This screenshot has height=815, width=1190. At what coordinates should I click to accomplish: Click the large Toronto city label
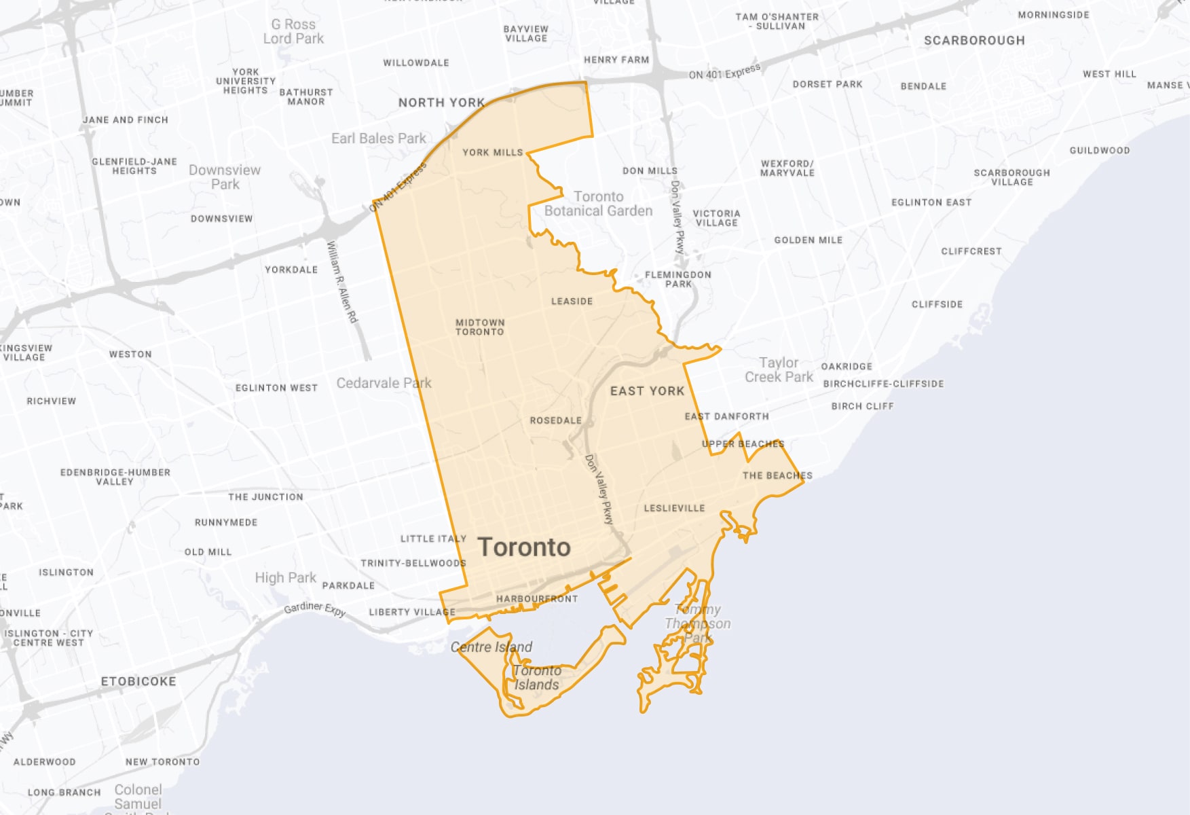pyautogui.click(x=524, y=547)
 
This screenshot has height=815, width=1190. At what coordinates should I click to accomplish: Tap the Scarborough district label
pyautogui.click(x=974, y=41)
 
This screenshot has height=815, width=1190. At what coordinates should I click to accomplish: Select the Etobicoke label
pyautogui.click(x=138, y=681)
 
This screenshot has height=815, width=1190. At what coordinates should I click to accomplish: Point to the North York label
pyautogui.click(x=441, y=103)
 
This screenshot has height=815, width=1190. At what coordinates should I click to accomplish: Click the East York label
pyautogui.click(x=647, y=391)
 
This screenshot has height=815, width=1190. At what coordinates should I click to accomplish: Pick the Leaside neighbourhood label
pyautogui.click(x=572, y=301)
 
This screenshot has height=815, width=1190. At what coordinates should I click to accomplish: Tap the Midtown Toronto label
pyautogui.click(x=480, y=327)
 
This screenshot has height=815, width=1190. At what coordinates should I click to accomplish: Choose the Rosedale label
pyautogui.click(x=555, y=420)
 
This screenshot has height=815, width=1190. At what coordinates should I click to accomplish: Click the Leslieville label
pyautogui.click(x=674, y=508)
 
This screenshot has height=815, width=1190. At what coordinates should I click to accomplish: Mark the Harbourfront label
pyautogui.click(x=537, y=599)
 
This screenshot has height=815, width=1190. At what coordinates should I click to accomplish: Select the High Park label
pyautogui.click(x=285, y=578)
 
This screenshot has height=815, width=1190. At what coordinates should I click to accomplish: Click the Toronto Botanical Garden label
pyautogui.click(x=598, y=204)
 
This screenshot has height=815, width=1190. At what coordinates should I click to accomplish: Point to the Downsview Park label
pyautogui.click(x=225, y=177)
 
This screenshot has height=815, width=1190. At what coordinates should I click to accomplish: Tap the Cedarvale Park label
pyautogui.click(x=384, y=383)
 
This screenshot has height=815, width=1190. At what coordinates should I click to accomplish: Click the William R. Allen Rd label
pyautogui.click(x=341, y=282)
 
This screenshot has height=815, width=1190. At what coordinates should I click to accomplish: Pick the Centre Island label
pyautogui.click(x=491, y=647)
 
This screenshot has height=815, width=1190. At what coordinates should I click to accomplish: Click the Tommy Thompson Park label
pyautogui.click(x=698, y=623)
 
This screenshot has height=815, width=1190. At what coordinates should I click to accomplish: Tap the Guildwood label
pyautogui.click(x=1099, y=151)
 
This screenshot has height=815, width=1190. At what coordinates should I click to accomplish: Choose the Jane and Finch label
pyautogui.click(x=126, y=120)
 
